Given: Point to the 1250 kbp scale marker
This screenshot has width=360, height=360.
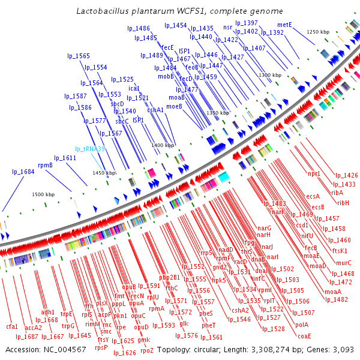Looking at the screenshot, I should click(x=319, y=31).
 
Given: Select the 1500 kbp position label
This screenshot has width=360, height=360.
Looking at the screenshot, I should click(x=43, y=194).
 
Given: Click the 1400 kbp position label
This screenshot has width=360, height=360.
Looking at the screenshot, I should click(x=163, y=145).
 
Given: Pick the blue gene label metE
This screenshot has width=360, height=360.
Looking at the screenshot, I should click(x=285, y=25).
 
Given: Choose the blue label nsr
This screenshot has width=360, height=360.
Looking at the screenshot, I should click(x=227, y=28).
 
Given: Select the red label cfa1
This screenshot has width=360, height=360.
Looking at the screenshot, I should click(x=12, y=326).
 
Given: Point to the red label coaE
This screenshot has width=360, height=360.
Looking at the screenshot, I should click(x=304, y=335).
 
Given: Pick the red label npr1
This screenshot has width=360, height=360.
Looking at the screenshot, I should click(x=314, y=173).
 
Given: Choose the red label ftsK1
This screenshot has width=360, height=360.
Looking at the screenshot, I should click(x=340, y=251).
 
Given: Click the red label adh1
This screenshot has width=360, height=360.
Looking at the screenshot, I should click(x=47, y=312).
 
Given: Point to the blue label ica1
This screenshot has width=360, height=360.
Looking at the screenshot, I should click(x=134, y=88).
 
